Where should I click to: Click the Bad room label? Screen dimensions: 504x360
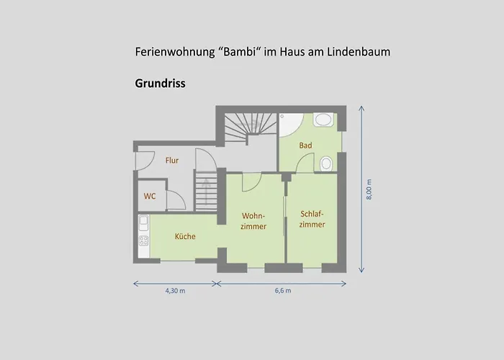[305, 145]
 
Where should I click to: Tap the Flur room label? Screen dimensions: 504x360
[172, 161]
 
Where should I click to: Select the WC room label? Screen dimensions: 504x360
[150, 196]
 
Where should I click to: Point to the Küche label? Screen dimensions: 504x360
[185, 236]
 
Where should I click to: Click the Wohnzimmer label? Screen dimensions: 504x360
[253, 221]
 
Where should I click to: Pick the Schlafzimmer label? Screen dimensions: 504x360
[312, 219]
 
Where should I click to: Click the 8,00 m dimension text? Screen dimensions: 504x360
[369, 189]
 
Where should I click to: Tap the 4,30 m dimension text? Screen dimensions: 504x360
[175, 291]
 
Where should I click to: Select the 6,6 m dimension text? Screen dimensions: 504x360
[283, 291]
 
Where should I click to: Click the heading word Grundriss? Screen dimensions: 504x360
[160, 84]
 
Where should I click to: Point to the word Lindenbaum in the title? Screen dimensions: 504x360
[359, 52]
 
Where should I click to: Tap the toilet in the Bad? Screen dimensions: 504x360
[326, 164]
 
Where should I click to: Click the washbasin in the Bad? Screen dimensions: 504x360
[323, 120]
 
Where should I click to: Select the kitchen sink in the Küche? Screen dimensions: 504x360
[143, 223]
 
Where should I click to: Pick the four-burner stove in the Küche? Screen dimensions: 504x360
[144, 240]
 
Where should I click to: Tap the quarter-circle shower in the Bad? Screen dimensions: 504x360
[291, 125]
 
